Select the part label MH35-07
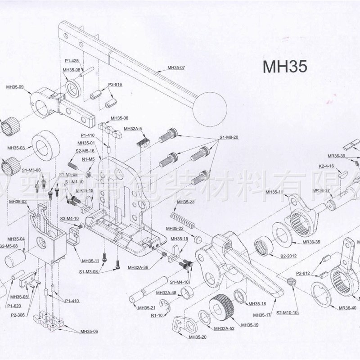[x=176, y=67]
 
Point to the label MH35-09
[x=15, y=86]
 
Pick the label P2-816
[x=115, y=85]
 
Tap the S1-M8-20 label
[x=229, y=137]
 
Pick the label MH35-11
[x=90, y=261]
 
